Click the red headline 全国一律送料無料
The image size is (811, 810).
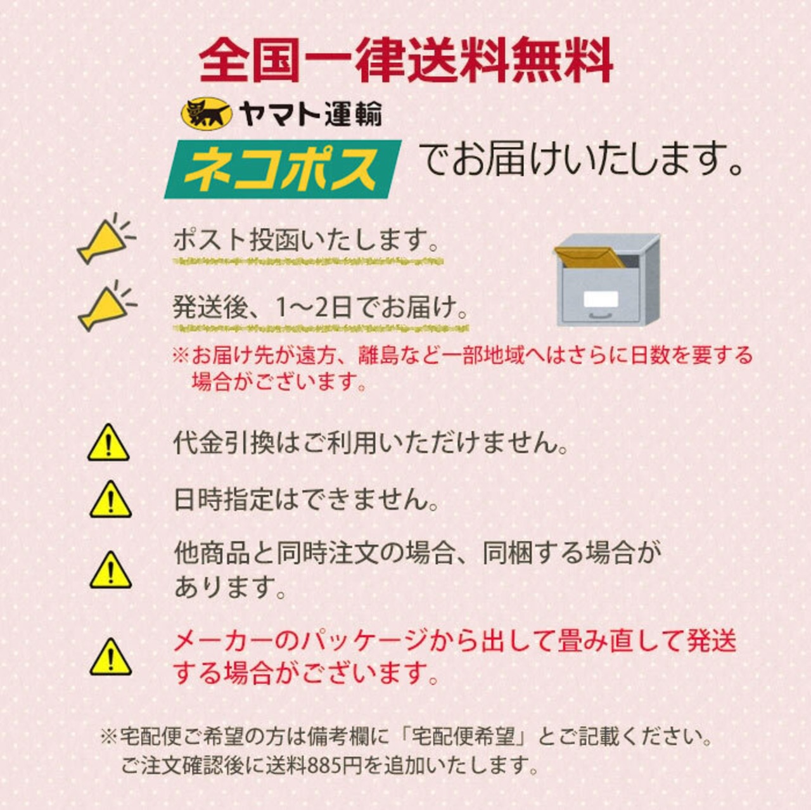[405, 60]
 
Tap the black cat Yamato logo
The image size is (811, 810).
[207, 113]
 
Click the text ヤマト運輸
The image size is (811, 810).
[310, 114]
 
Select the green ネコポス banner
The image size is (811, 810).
[283, 169]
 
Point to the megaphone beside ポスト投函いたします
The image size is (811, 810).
[106, 239]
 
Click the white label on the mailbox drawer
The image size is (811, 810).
[601, 299]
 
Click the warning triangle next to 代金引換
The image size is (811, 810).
[108, 442]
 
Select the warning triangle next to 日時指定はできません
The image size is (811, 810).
[110, 499]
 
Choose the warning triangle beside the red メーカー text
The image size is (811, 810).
[110, 657]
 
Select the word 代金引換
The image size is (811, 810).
[224, 442]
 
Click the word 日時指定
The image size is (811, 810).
[224, 499]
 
